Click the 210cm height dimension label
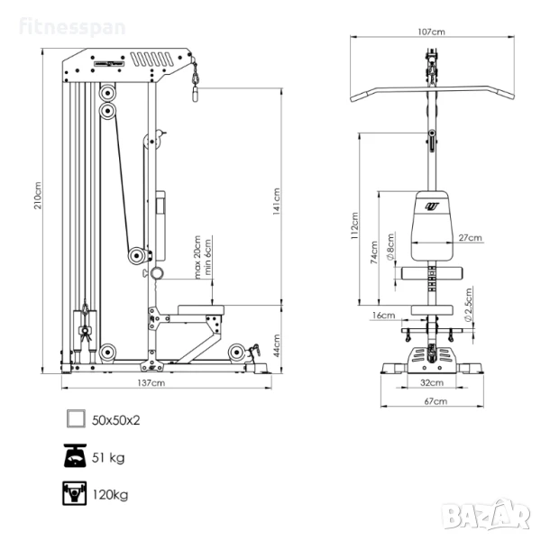38,196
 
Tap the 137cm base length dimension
151,382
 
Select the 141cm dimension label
277,201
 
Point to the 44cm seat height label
277,345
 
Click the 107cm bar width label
431,32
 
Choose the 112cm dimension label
354,226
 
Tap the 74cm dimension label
374,252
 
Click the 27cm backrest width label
470,238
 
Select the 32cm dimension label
432,382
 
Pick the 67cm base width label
436,401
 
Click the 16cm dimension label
383,316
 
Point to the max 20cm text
197,257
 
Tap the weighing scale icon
75,455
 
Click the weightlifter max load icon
75,493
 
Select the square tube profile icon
76,419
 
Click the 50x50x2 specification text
116,420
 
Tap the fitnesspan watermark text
72,27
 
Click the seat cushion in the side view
201,310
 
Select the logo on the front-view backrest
432,206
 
